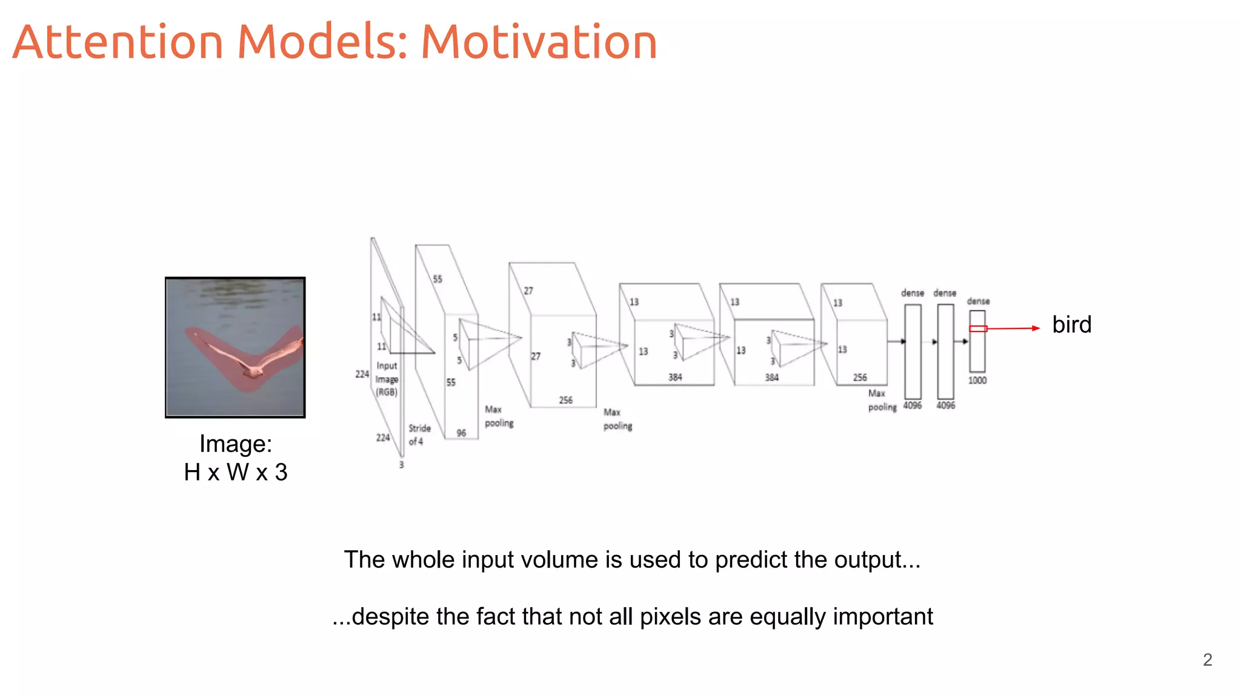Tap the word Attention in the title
118,42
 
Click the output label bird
1071,325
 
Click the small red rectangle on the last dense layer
977,328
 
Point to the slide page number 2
1207,660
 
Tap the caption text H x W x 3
235,472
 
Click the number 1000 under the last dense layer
977,381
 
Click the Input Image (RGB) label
387,379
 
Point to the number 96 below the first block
461,433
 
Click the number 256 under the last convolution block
860,377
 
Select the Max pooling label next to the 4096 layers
881,401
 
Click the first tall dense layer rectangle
913,351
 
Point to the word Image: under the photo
235,444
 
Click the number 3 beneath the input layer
401,465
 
